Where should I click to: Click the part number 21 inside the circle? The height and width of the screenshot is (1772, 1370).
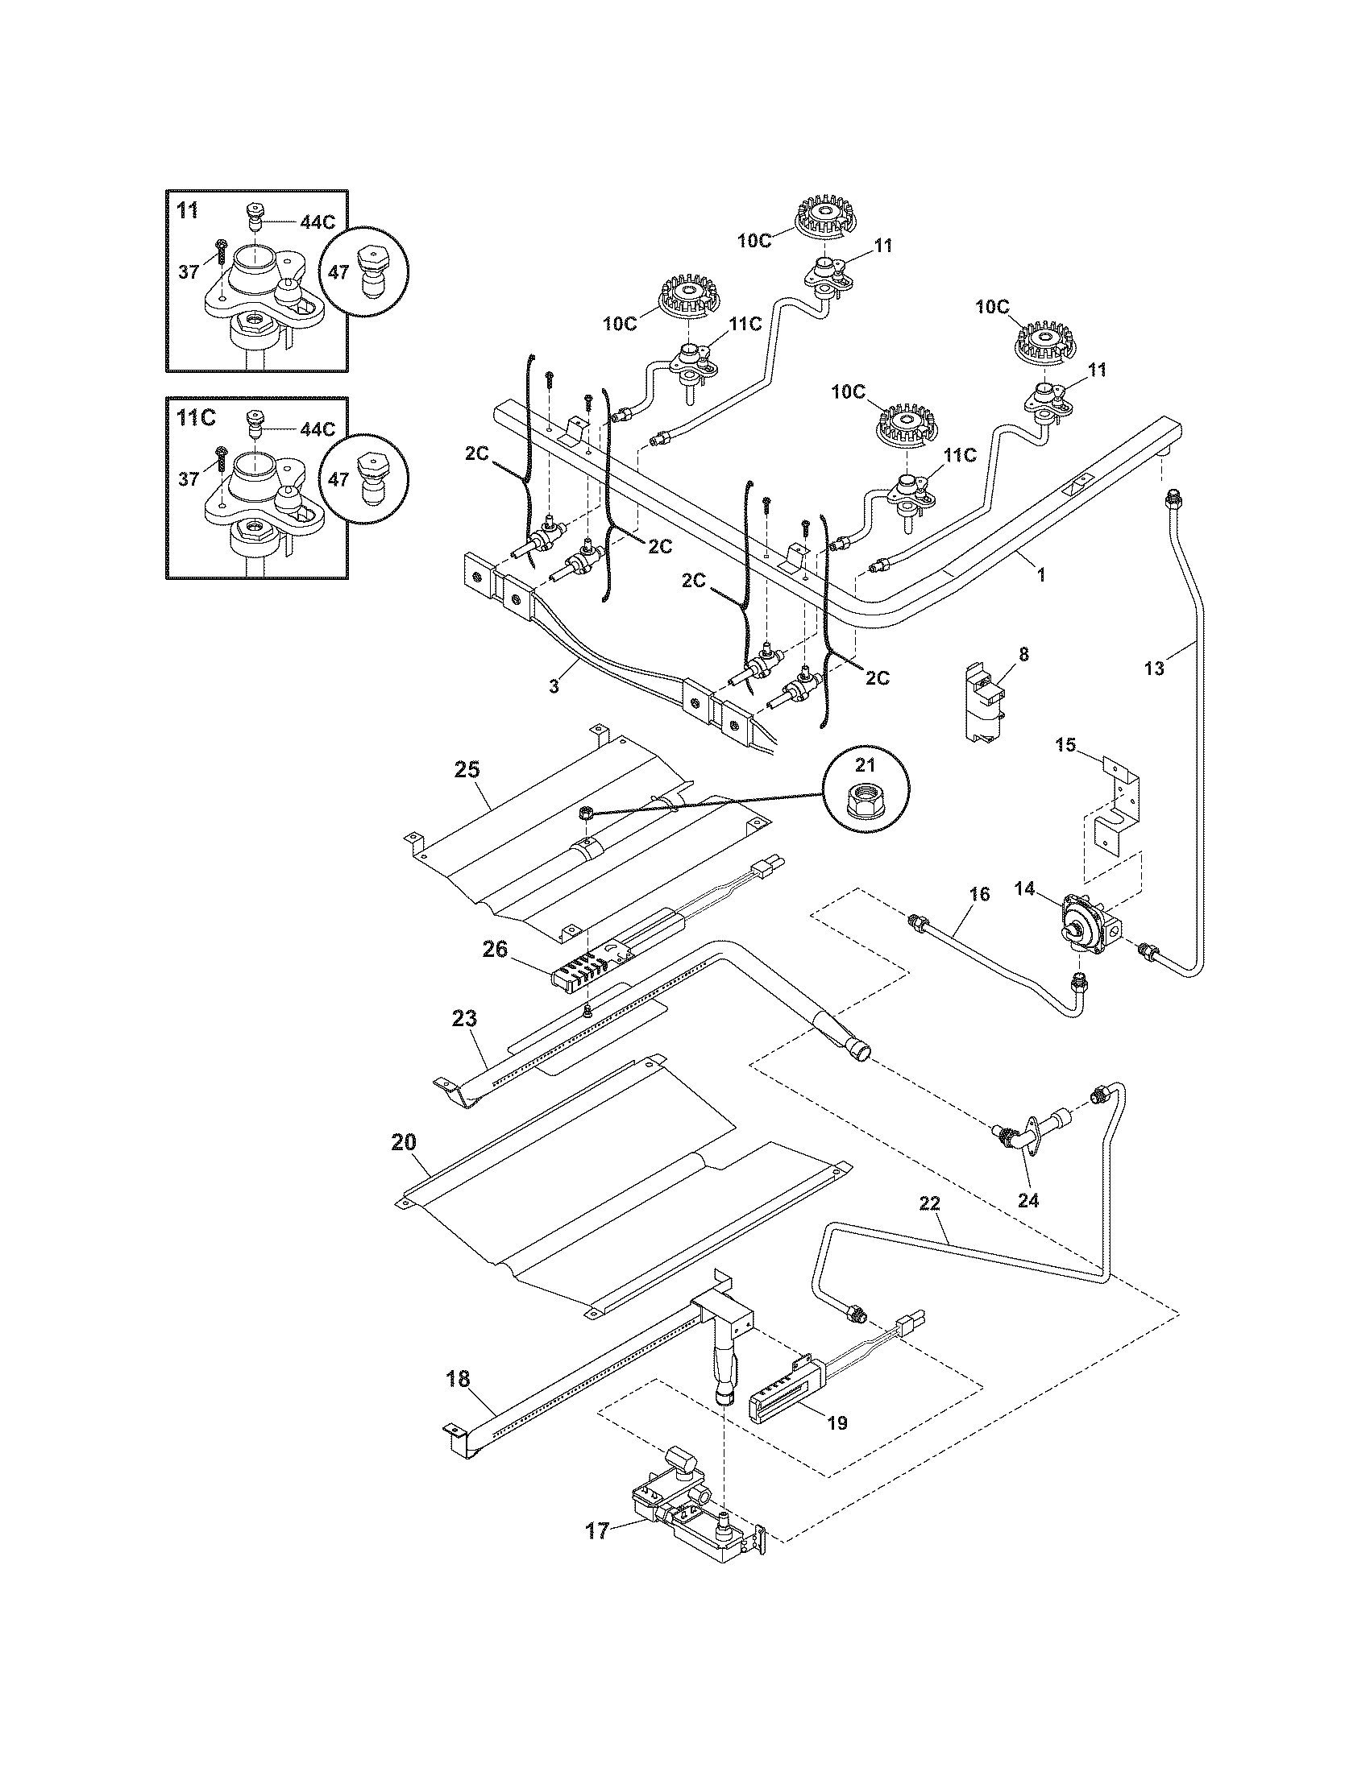(866, 765)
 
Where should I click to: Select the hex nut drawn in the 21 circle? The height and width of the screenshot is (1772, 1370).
(866, 803)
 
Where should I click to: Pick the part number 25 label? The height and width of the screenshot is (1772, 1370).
(467, 768)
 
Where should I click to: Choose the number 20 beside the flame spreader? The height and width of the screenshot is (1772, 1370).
(404, 1142)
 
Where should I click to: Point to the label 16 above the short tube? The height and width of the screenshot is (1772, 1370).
(980, 894)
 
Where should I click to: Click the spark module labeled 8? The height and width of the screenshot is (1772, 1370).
(984, 702)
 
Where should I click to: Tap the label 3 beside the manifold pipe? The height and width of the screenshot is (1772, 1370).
(554, 685)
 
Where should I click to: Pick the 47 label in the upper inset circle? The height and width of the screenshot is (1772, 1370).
(339, 271)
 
